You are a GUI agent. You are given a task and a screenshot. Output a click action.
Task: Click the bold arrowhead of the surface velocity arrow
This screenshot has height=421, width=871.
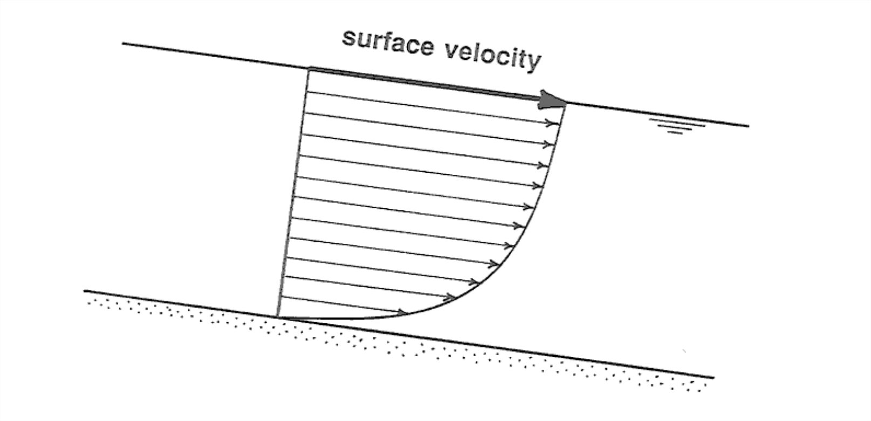pyautogui.click(x=552, y=100)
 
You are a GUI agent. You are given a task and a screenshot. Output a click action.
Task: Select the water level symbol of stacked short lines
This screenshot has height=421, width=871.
pyautogui.click(x=676, y=126)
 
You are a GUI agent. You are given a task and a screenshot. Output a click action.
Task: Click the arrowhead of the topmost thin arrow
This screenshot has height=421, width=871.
pyautogui.click(x=552, y=123)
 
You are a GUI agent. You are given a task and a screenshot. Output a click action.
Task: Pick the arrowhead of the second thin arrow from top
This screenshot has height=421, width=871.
pyautogui.click(x=550, y=144)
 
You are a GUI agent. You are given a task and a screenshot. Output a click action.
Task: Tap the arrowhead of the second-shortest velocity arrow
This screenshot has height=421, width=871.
pyautogui.click(x=451, y=296)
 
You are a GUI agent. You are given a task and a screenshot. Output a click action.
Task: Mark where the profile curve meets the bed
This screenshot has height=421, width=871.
pyautogui.click(x=278, y=317)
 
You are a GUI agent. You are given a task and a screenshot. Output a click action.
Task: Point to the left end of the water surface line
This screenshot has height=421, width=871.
pyautogui.click(x=123, y=44)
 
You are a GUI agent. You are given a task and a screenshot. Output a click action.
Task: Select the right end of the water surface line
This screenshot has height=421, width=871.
pyautogui.click(x=749, y=126)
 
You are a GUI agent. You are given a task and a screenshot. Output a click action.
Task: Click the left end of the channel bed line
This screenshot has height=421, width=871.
pyautogui.click(x=85, y=291)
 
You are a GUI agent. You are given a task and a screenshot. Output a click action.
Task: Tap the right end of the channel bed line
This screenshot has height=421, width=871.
pyautogui.click(x=714, y=378)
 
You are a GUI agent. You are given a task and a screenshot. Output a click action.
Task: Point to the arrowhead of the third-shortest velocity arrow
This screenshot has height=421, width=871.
pyautogui.click(x=476, y=282)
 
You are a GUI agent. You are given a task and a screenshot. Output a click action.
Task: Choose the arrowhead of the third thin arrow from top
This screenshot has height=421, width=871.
pyautogui.click(x=545, y=165)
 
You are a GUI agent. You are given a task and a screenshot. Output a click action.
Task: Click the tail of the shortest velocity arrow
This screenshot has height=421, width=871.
pyautogui.click(x=280, y=296)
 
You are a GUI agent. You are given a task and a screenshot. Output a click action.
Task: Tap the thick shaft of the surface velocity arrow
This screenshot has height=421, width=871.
pyautogui.click(x=426, y=84)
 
